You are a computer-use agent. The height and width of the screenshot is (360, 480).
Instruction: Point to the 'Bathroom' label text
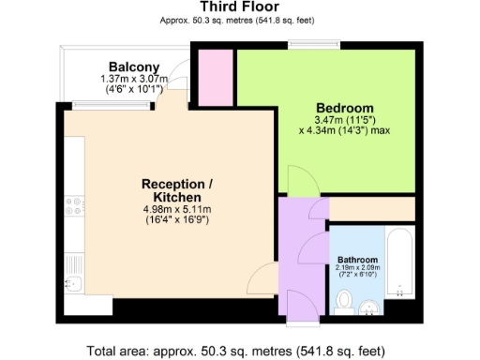tap(357, 260)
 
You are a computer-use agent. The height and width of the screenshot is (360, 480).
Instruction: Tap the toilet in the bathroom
tap(344, 302)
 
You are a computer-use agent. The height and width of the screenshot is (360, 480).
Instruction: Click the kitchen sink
tap(75, 283)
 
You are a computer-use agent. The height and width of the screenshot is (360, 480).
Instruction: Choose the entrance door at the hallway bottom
tap(300, 306)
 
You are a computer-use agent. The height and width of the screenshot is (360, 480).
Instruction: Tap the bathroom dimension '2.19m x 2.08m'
tap(357, 269)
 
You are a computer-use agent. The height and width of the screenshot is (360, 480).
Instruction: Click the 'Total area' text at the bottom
tap(235, 351)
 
